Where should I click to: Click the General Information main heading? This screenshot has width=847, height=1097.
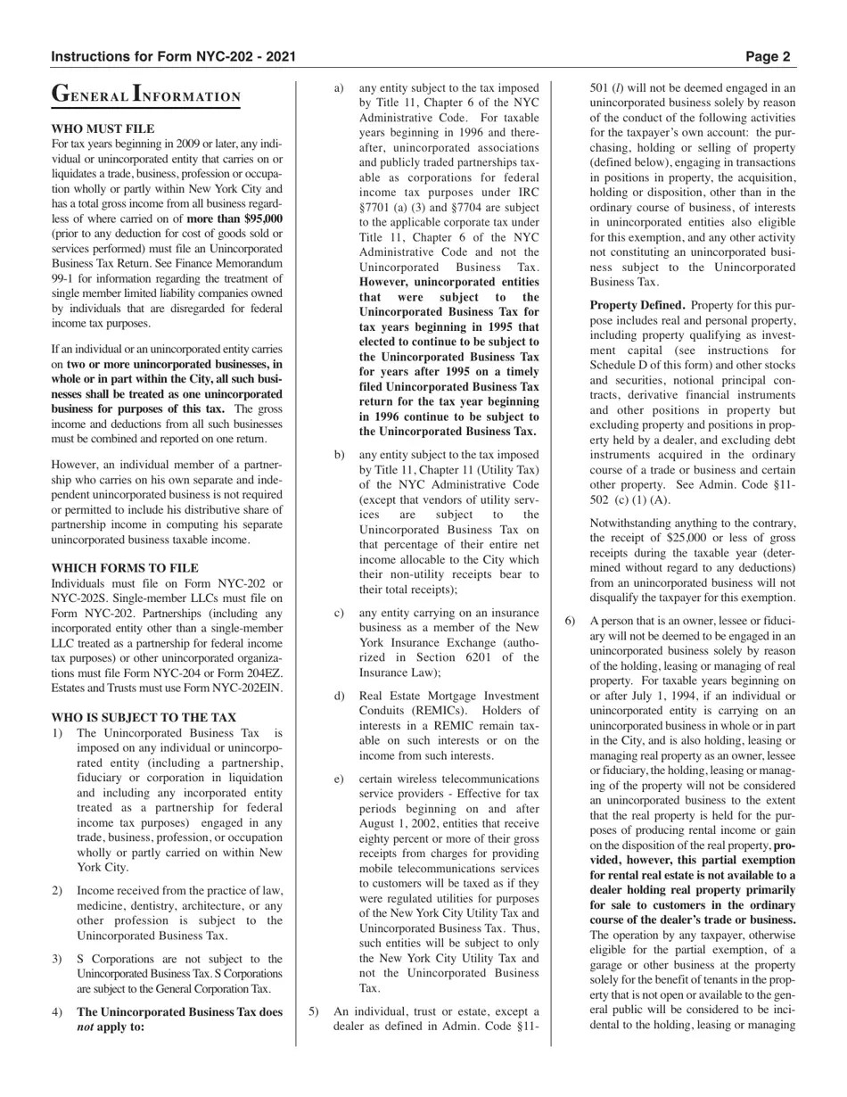point(146,95)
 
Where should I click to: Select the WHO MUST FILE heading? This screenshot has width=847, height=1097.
point(103,129)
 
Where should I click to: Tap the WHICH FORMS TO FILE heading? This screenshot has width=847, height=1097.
point(125,568)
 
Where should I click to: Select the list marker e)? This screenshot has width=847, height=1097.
point(339,779)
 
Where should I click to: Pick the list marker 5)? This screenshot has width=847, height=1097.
point(313,1011)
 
